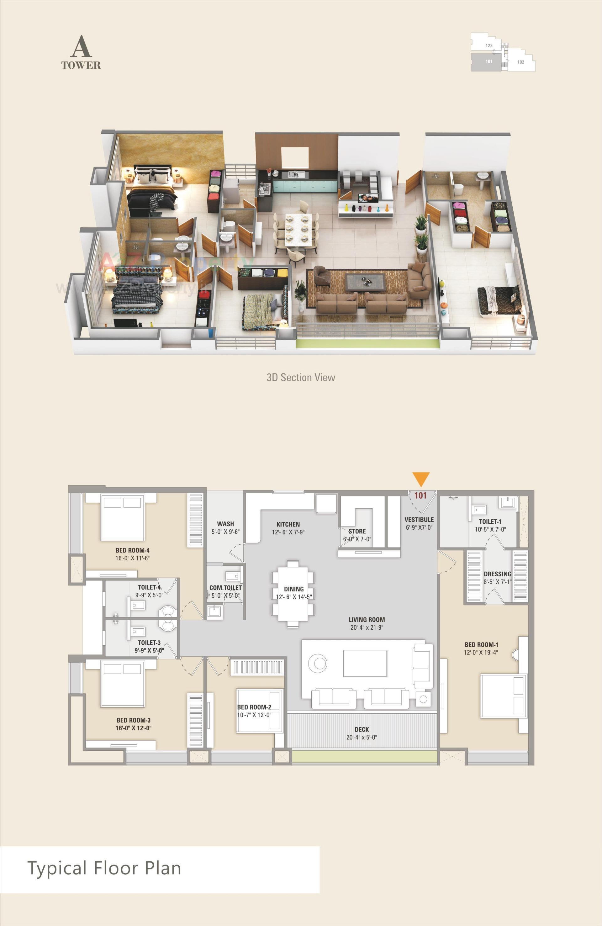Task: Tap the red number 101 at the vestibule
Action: click(420, 495)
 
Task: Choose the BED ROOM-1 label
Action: click(481, 645)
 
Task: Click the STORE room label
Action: click(357, 531)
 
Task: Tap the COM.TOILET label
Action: click(225, 588)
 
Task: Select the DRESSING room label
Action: click(497, 574)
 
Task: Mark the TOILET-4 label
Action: click(150, 588)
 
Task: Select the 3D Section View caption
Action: click(301, 377)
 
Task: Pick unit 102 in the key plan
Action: click(521, 62)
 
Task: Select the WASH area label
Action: click(225, 524)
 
